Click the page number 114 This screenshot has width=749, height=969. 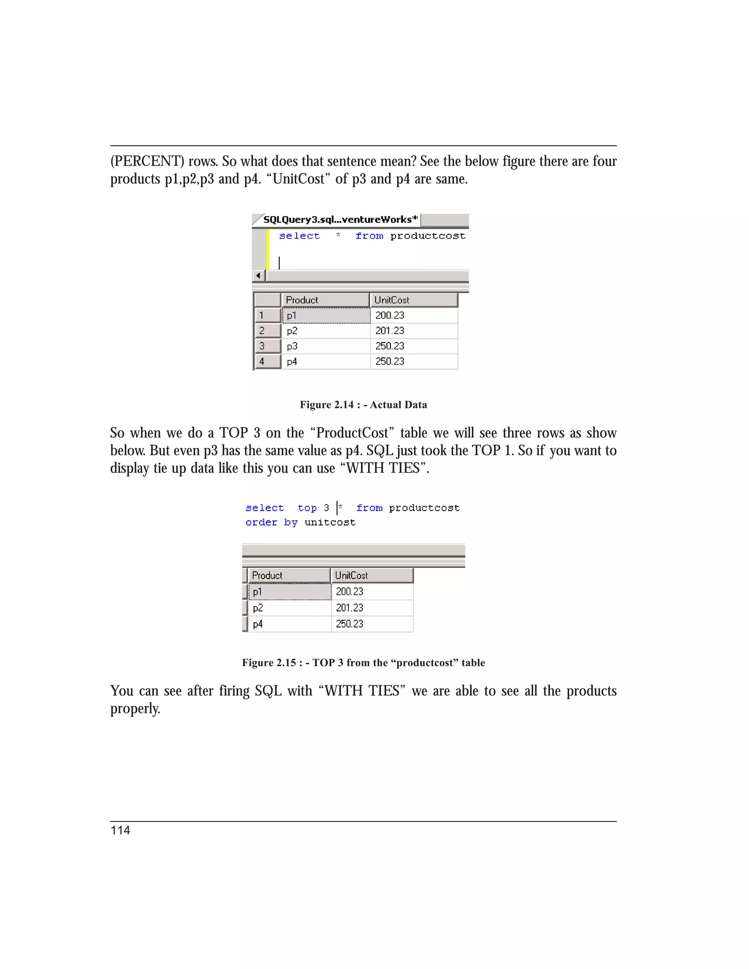point(120,830)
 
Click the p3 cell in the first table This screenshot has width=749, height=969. point(292,346)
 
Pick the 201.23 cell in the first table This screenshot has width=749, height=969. point(389,331)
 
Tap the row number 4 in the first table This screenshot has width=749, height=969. point(262,362)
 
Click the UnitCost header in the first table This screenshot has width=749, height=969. point(391,300)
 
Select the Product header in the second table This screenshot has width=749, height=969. point(267,576)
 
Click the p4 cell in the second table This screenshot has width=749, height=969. point(258,624)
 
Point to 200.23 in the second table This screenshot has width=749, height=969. point(349,591)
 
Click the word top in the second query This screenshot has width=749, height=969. point(307,508)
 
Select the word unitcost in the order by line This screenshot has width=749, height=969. point(330,523)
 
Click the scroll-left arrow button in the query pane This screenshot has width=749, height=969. point(258,276)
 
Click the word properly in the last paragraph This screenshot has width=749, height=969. point(135,709)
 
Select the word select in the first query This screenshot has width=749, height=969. point(299,236)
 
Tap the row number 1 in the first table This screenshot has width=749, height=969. point(262,316)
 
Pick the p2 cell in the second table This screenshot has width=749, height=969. point(258,608)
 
